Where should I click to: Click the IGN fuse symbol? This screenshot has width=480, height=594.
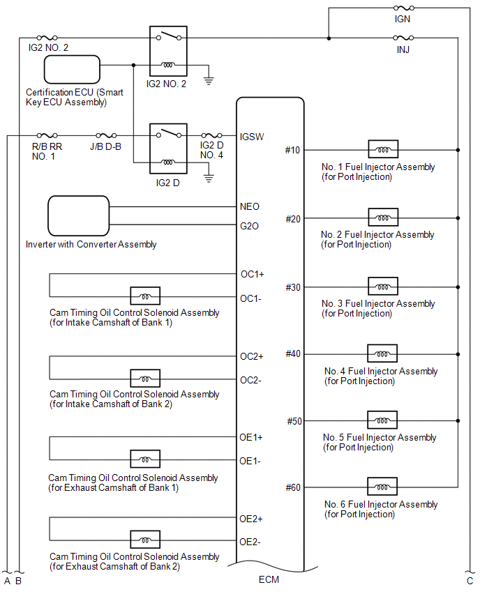click(403, 8)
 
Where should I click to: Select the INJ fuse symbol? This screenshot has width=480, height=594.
click(403, 38)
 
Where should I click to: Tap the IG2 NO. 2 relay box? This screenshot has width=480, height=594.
click(168, 50)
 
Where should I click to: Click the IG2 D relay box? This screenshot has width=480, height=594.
click(168, 148)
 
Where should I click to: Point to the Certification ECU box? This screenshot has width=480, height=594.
click(73, 70)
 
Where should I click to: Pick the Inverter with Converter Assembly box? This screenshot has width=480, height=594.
click(79, 216)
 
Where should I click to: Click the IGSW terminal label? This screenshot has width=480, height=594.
click(251, 136)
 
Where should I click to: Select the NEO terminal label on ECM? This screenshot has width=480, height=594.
click(249, 206)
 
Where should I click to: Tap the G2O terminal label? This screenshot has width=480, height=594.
click(249, 225)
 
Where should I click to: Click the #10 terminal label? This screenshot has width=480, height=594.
click(292, 150)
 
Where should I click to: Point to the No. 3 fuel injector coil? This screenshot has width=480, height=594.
click(383, 287)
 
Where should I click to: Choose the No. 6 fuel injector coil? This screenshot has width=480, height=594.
click(382, 487)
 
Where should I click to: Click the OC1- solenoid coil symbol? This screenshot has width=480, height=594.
click(145, 296)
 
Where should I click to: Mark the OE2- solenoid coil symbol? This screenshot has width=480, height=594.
click(145, 540)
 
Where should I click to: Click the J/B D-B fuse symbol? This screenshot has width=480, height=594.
click(105, 136)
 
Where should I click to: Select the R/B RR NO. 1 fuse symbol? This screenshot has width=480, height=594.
click(47, 136)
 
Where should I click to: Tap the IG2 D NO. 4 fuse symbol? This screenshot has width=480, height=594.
click(211, 136)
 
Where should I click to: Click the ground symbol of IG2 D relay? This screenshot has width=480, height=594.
click(207, 178)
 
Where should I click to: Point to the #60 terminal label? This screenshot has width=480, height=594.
click(293, 487)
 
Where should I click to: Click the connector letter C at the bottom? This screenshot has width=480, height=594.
click(470, 580)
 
